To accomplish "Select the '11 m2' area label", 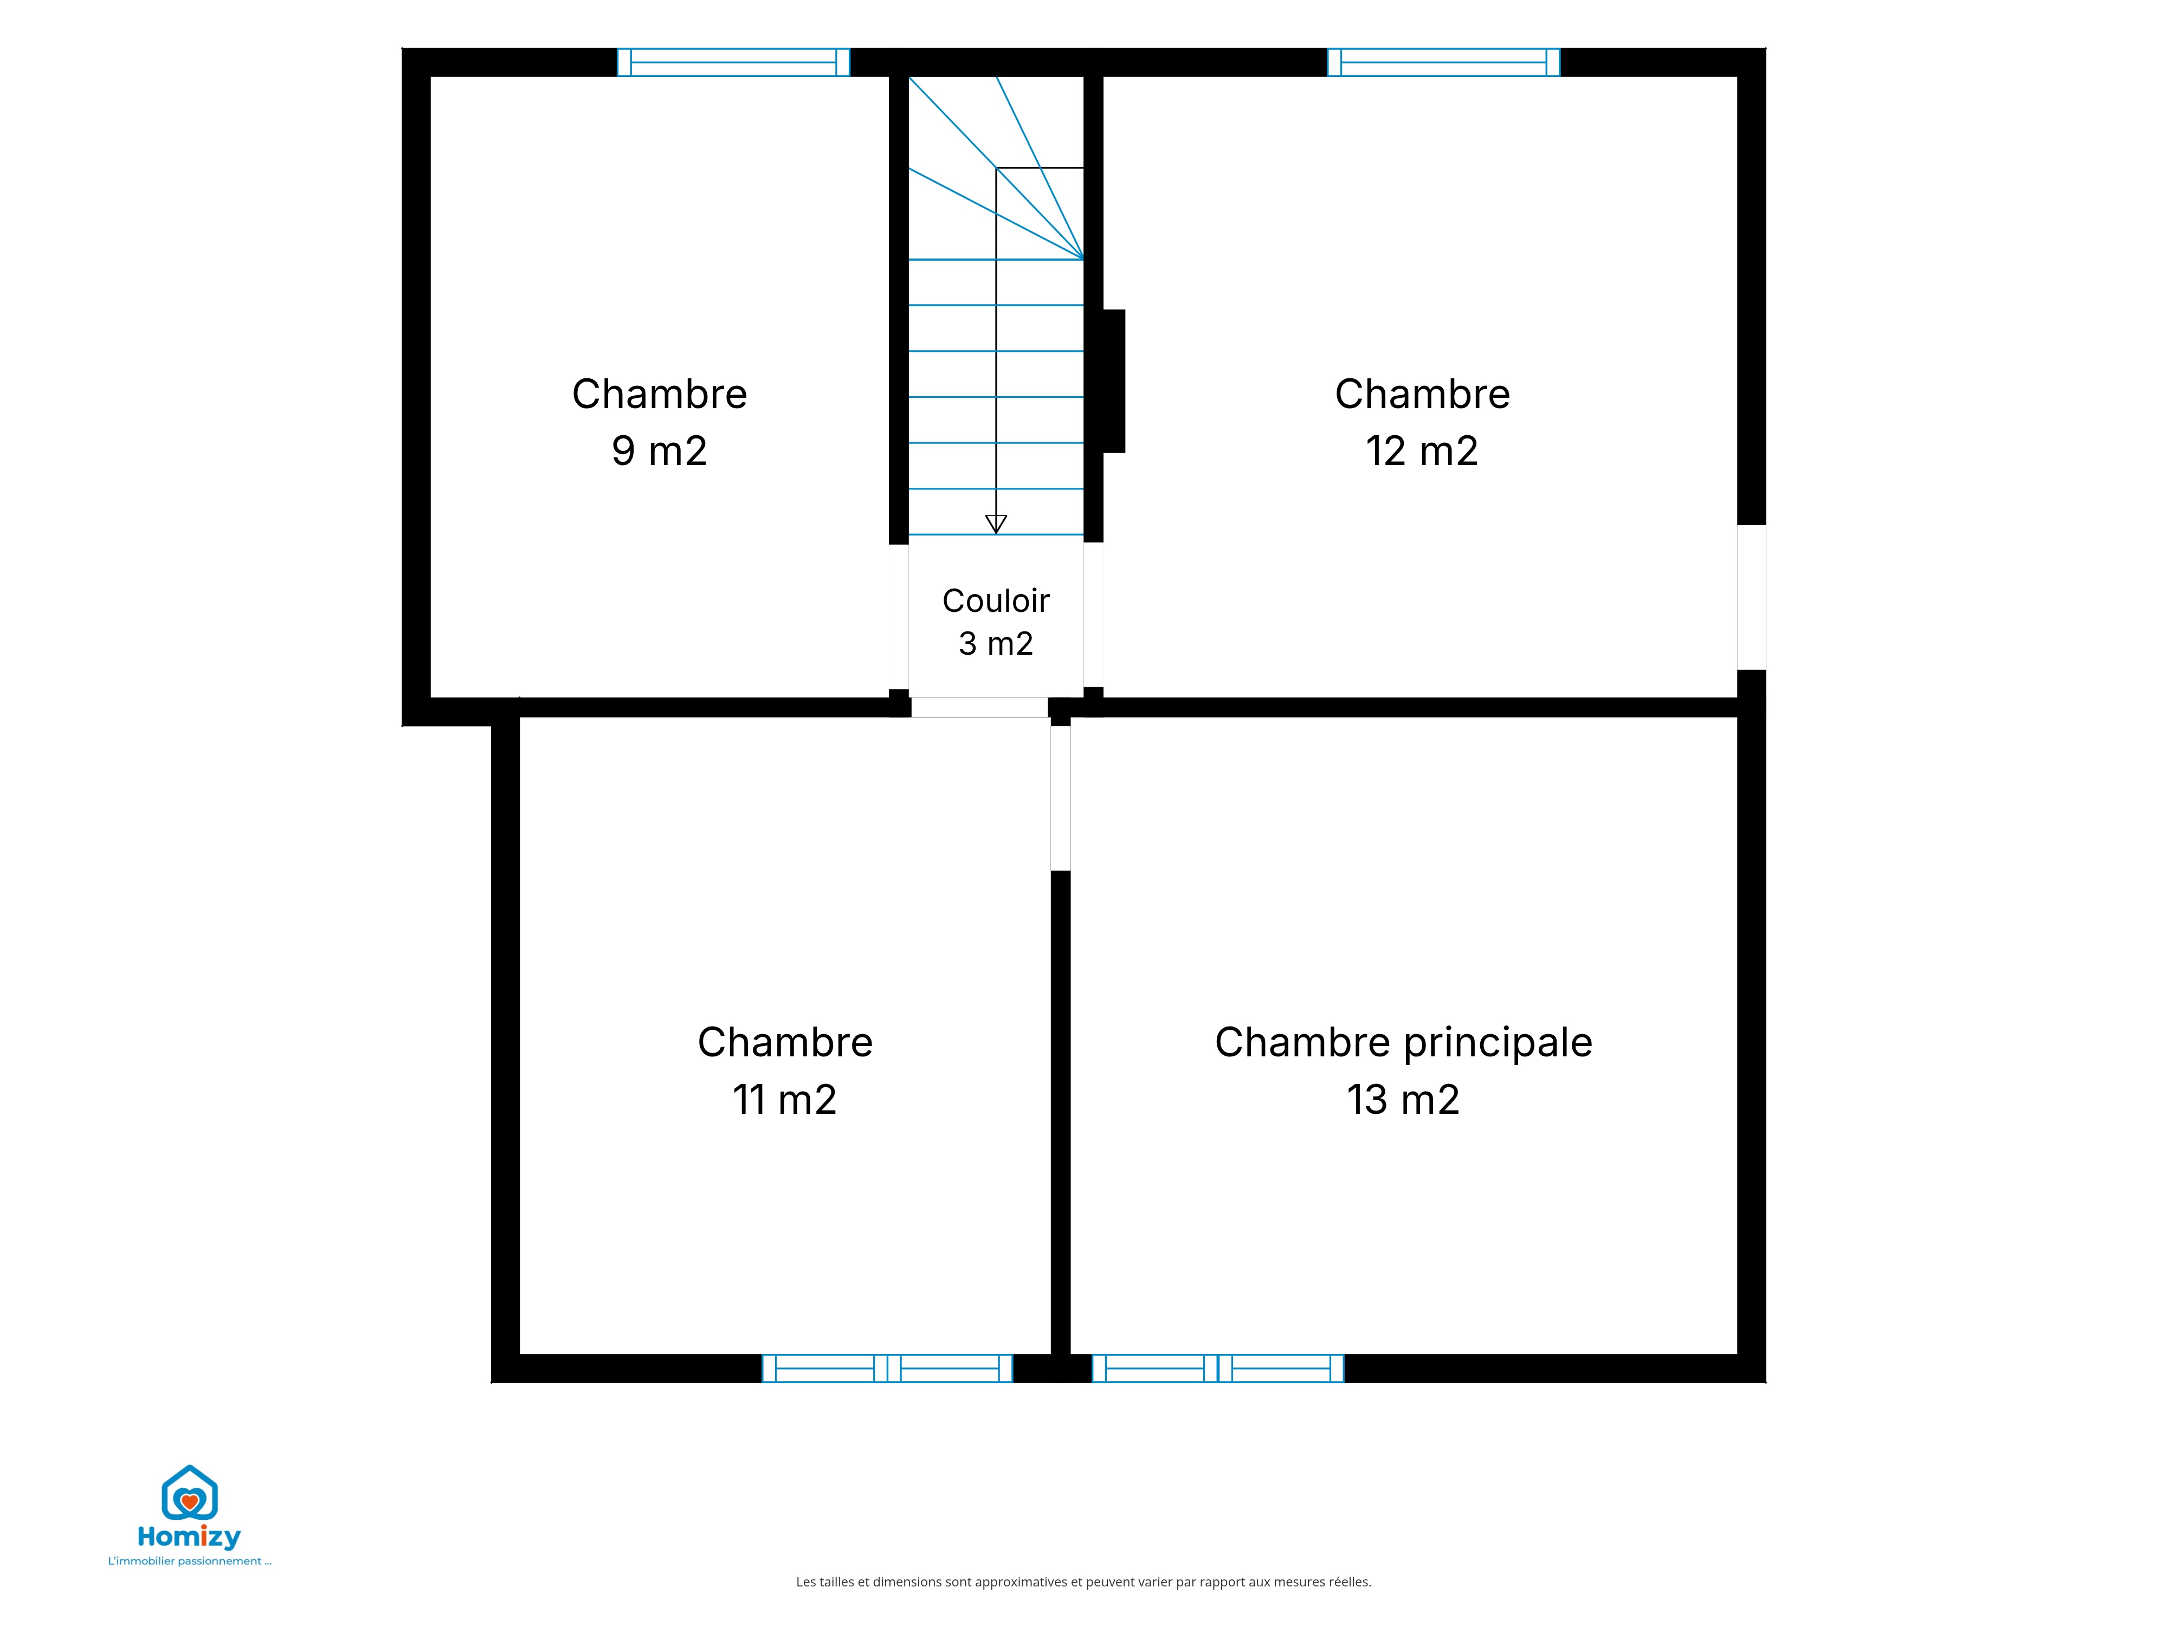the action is pyautogui.click(x=784, y=1100).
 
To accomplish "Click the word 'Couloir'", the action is pyautogui.click(x=996, y=601).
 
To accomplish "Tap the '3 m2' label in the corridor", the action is pyautogui.click(x=996, y=644).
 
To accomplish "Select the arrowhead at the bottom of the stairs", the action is pyautogui.click(x=996, y=524).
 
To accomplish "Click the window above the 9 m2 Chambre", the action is pyautogui.click(x=733, y=62).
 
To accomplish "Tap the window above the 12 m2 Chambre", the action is pyautogui.click(x=1444, y=62).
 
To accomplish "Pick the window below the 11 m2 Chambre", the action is pyautogui.click(x=887, y=1368).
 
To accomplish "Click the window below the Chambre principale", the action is pyautogui.click(x=1218, y=1368).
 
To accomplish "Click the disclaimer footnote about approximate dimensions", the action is pyautogui.click(x=1083, y=1582).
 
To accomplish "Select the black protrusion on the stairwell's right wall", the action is pyautogui.click(x=1114, y=381).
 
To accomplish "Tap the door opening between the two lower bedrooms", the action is pyautogui.click(x=1061, y=798).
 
